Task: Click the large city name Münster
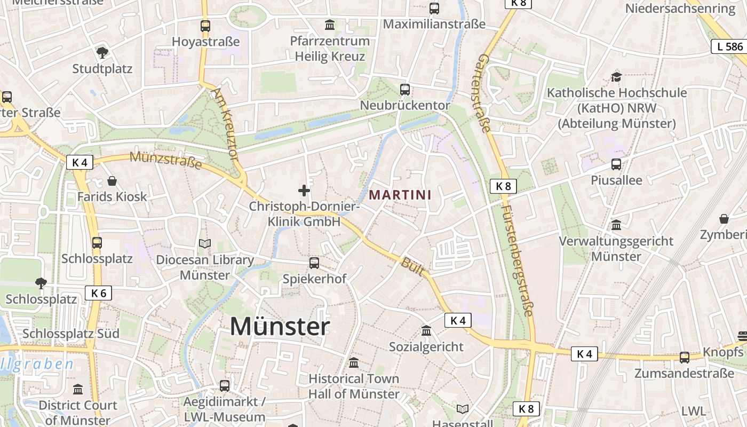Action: [x=280, y=326]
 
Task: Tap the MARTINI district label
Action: [x=400, y=195]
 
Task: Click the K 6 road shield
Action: [x=98, y=292]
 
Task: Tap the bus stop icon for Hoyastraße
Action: [x=205, y=26]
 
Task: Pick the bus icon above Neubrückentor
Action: [x=405, y=89]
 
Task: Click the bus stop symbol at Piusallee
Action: [x=616, y=164]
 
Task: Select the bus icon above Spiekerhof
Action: [x=314, y=263]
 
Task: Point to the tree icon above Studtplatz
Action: [x=102, y=52]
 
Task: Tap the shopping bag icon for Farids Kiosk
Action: [x=112, y=181]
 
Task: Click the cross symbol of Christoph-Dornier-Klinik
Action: [x=304, y=190]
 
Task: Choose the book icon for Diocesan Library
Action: [x=205, y=244]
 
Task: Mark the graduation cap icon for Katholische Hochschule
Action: [x=617, y=77]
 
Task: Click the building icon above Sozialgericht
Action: [x=426, y=331]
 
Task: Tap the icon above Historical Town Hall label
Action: [x=354, y=363]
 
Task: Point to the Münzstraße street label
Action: [x=166, y=160]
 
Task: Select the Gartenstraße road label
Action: [x=484, y=92]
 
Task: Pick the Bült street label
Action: [x=412, y=266]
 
